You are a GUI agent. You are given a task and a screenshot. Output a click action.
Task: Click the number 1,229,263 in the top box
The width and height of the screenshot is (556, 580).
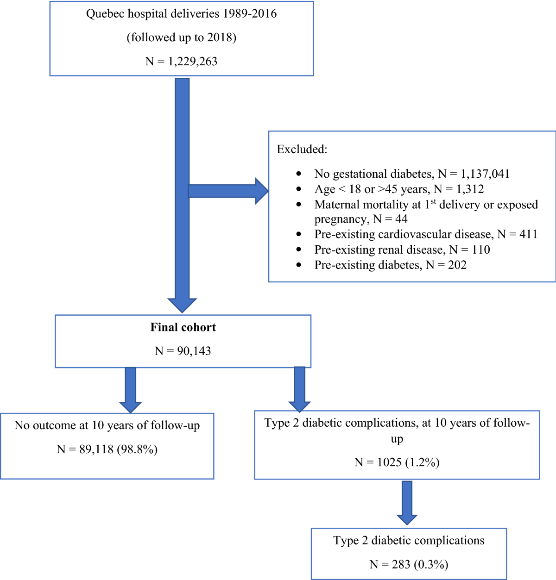click(x=192, y=62)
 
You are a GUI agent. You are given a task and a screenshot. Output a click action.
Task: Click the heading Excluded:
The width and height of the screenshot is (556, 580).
click(x=302, y=149)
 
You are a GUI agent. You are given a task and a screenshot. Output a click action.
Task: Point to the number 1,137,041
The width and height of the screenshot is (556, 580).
click(x=485, y=174)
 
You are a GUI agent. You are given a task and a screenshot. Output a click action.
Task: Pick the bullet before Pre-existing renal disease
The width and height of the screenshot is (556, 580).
click(x=299, y=249)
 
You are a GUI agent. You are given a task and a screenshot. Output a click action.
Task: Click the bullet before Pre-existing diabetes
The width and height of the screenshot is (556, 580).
click(x=299, y=265)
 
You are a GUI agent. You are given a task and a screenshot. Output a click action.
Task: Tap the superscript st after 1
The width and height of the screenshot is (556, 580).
click(x=433, y=201)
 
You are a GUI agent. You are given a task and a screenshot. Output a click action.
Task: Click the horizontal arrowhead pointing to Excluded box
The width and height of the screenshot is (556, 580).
click(x=262, y=191)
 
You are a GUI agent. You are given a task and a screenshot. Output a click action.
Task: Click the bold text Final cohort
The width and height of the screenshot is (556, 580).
click(x=183, y=327)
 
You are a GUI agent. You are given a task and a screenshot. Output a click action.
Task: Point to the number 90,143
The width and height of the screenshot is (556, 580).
click(x=194, y=351)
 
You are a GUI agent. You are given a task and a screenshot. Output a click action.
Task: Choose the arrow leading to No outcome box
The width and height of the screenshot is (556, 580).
click(x=131, y=390)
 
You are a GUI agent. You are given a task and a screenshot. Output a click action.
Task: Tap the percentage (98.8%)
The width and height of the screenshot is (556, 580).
click(x=137, y=449)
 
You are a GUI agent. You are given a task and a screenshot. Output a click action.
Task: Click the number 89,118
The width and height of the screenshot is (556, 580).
click(x=96, y=449)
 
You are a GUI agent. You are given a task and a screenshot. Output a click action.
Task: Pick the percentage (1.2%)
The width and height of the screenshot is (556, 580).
click(x=422, y=462)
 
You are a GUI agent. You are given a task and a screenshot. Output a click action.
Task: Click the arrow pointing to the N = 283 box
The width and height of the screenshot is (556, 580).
click(x=407, y=503)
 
